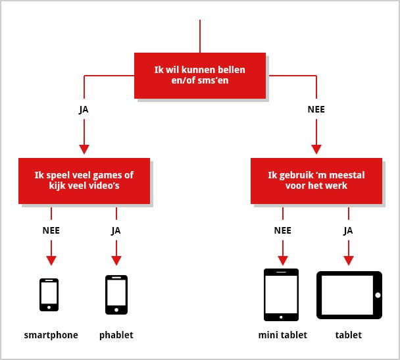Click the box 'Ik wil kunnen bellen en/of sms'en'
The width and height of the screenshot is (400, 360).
tap(200, 75)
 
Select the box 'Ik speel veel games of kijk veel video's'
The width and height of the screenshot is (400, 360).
tap(84, 180)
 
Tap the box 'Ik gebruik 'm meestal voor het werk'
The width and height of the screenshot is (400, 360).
tap(316, 180)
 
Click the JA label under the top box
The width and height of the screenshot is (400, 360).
tap(84, 109)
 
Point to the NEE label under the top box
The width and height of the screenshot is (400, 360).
tap(316, 109)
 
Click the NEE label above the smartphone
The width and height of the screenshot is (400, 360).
tap(51, 231)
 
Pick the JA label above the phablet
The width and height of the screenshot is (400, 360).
tap(116, 231)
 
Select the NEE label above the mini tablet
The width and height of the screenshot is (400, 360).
tap(283, 231)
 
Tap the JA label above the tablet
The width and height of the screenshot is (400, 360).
tap(349, 231)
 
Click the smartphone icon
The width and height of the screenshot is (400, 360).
tap(49, 295)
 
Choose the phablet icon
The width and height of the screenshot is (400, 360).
tap(116, 295)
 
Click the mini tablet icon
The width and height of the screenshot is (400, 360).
tap(281, 294)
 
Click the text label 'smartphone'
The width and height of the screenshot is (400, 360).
tap(51, 335)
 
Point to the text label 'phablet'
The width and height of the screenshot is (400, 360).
tap(116, 335)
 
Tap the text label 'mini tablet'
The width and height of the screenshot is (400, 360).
tap(283, 335)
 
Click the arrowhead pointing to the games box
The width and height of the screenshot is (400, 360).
tap(84, 149)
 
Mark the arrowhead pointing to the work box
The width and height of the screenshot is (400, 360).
tap(316, 149)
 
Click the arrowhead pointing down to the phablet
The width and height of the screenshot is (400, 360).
tap(116, 260)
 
